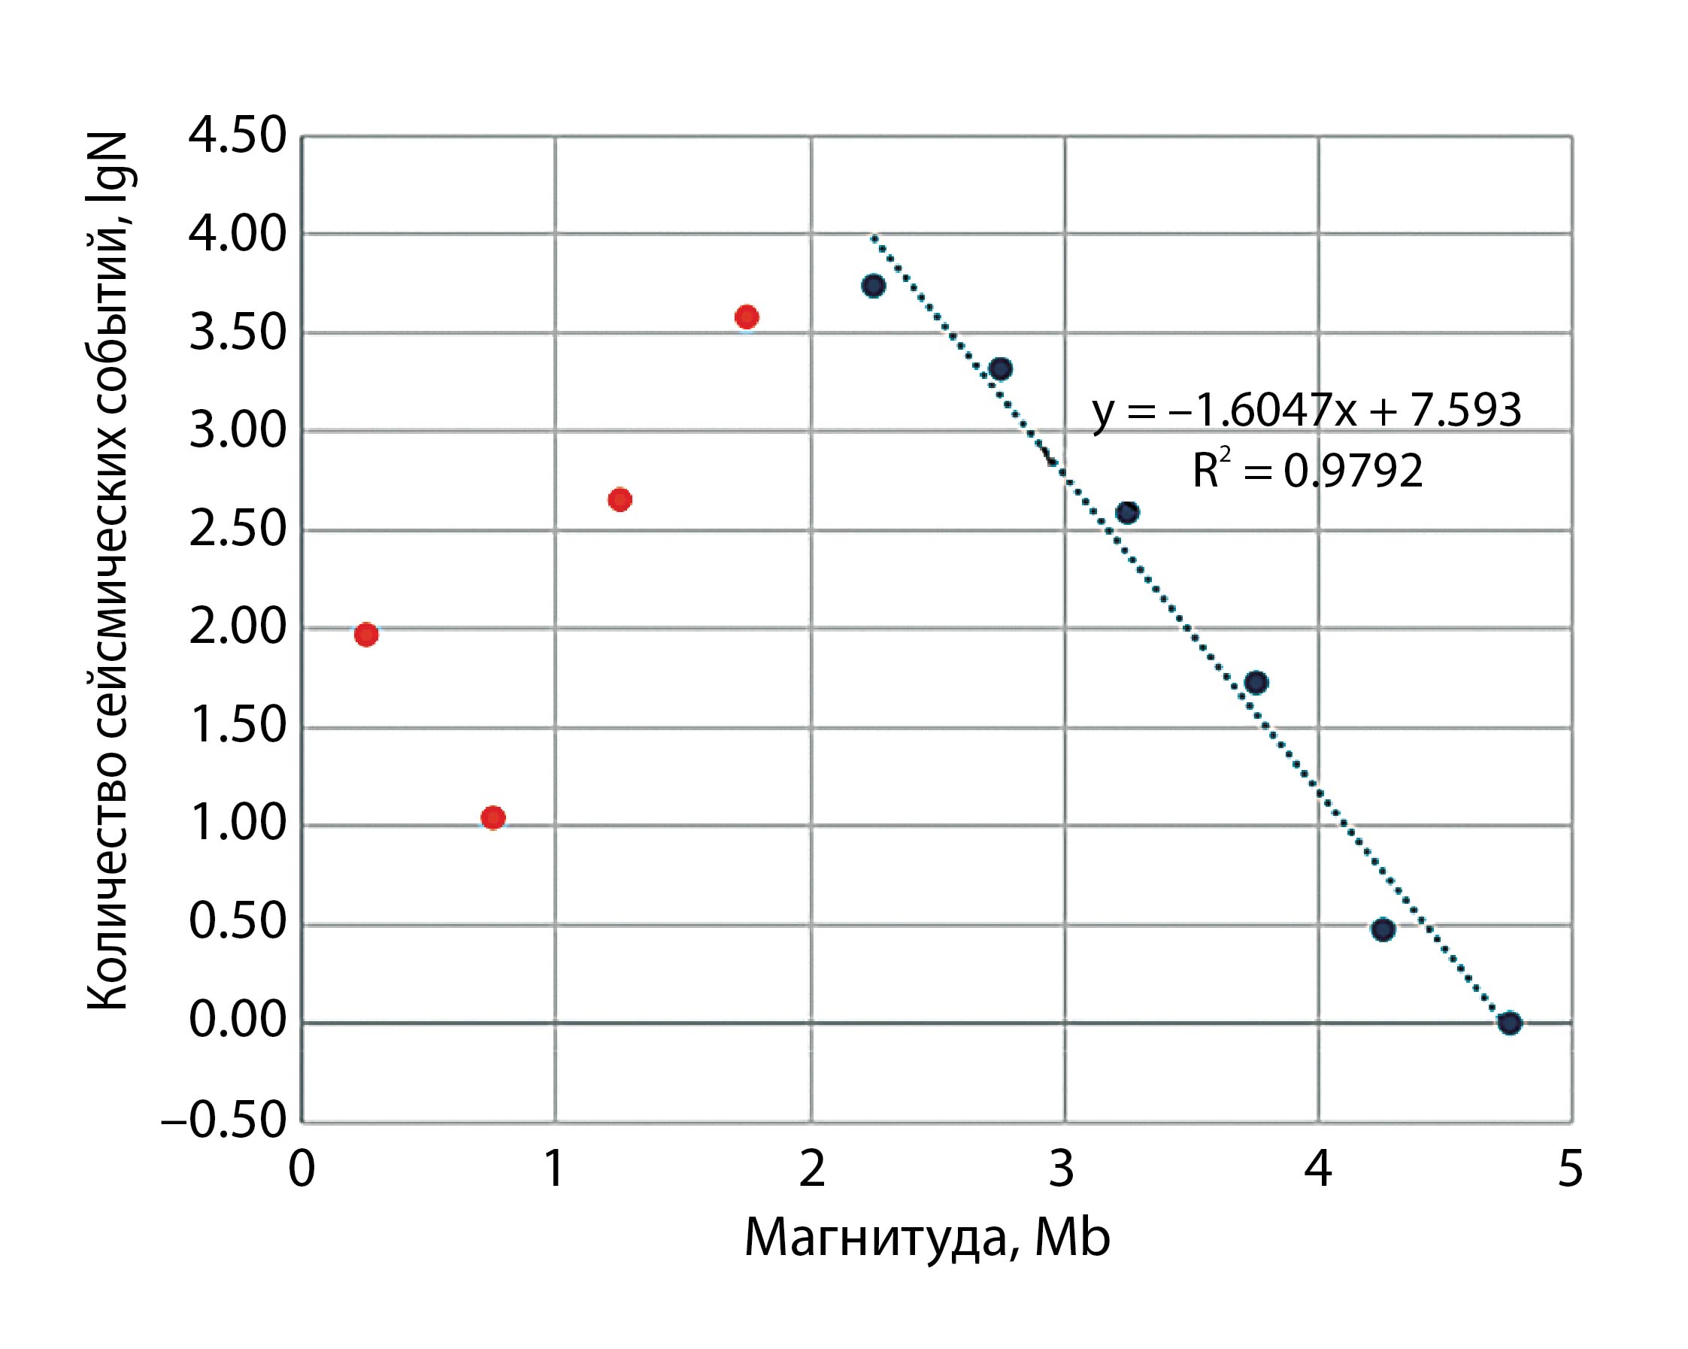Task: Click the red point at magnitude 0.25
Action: (x=365, y=634)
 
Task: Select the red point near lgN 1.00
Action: (x=492, y=817)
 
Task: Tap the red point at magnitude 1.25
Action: (x=620, y=499)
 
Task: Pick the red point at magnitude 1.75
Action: (x=746, y=317)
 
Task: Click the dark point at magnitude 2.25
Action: (x=873, y=286)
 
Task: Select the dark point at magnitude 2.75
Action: (x=1000, y=368)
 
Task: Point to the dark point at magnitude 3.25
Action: (x=1126, y=513)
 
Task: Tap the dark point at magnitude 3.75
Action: (x=1256, y=683)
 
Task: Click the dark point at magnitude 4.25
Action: (x=1383, y=929)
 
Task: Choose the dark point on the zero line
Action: (x=1510, y=1023)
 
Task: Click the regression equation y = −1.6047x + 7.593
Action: (x=1306, y=411)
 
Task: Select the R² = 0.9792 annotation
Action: (x=1307, y=471)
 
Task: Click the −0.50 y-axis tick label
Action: (x=224, y=1121)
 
